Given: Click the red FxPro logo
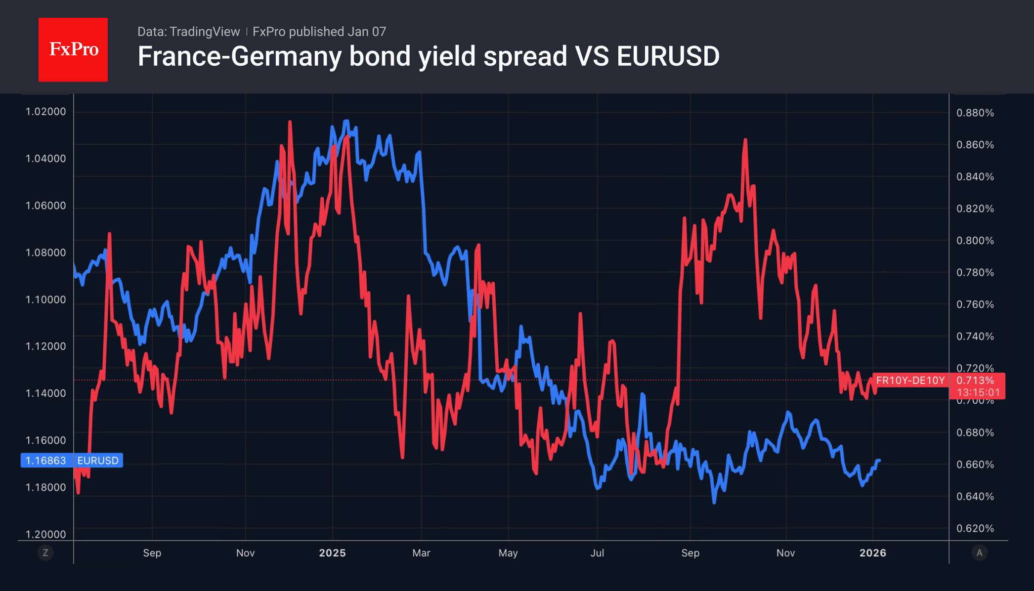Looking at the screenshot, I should pyautogui.click(x=73, y=49).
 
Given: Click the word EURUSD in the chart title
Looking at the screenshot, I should pyautogui.click(x=668, y=56).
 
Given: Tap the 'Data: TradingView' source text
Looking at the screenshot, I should pyautogui.click(x=188, y=32).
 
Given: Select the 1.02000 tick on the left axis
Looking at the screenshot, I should pyautogui.click(x=45, y=112).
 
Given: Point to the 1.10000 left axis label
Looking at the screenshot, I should pyautogui.click(x=45, y=300).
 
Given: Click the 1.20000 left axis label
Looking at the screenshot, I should pyautogui.click(x=45, y=534).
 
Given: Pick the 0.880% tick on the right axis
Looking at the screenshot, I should pyautogui.click(x=975, y=113).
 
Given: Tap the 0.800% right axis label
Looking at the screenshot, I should pyautogui.click(x=975, y=241).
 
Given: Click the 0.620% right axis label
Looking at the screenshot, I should pyautogui.click(x=975, y=528).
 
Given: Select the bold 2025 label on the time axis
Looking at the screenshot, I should pyautogui.click(x=332, y=553).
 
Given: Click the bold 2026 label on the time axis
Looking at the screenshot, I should pyautogui.click(x=872, y=553).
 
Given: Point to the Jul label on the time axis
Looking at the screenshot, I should pyautogui.click(x=597, y=553).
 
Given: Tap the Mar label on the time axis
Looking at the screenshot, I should pyautogui.click(x=421, y=553).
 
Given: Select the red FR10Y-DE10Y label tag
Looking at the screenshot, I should pyautogui.click(x=910, y=380).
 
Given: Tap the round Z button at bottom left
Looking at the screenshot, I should pyautogui.click(x=45, y=552).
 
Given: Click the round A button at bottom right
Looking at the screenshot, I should pyautogui.click(x=979, y=552).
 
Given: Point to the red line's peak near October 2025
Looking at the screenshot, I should pyautogui.click(x=745, y=140).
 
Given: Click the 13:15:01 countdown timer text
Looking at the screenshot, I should pyautogui.click(x=978, y=393).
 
